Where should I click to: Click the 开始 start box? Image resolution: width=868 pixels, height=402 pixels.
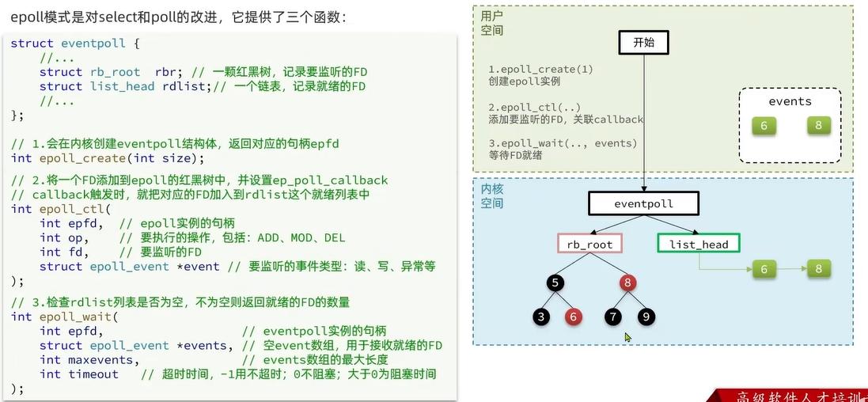[643, 43]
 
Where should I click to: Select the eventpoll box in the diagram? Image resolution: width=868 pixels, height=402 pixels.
[643, 203]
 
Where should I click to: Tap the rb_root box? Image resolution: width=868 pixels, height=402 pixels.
[589, 244]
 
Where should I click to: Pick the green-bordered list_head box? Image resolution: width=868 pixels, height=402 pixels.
[698, 244]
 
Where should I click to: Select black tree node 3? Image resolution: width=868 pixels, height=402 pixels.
[542, 317]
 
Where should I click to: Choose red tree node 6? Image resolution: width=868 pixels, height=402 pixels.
[574, 317]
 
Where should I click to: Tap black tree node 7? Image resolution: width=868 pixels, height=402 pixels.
[613, 317]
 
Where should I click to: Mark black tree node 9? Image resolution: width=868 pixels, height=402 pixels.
[646, 317]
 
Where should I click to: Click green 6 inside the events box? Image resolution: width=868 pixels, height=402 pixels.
[764, 126]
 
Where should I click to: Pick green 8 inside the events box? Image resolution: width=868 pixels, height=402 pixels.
[817, 125]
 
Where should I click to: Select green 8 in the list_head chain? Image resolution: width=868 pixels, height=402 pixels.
[818, 269]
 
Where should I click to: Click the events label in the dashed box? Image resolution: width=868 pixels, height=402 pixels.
[790, 101]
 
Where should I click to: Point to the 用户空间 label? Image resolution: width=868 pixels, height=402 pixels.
[491, 23]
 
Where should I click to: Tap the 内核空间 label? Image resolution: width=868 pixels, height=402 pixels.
[491, 196]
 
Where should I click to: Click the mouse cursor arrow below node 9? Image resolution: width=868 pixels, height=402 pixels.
[627, 337]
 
